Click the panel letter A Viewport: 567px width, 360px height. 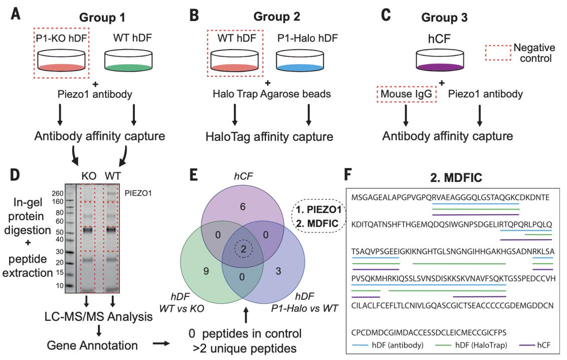pyautogui.click(x=15, y=13)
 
